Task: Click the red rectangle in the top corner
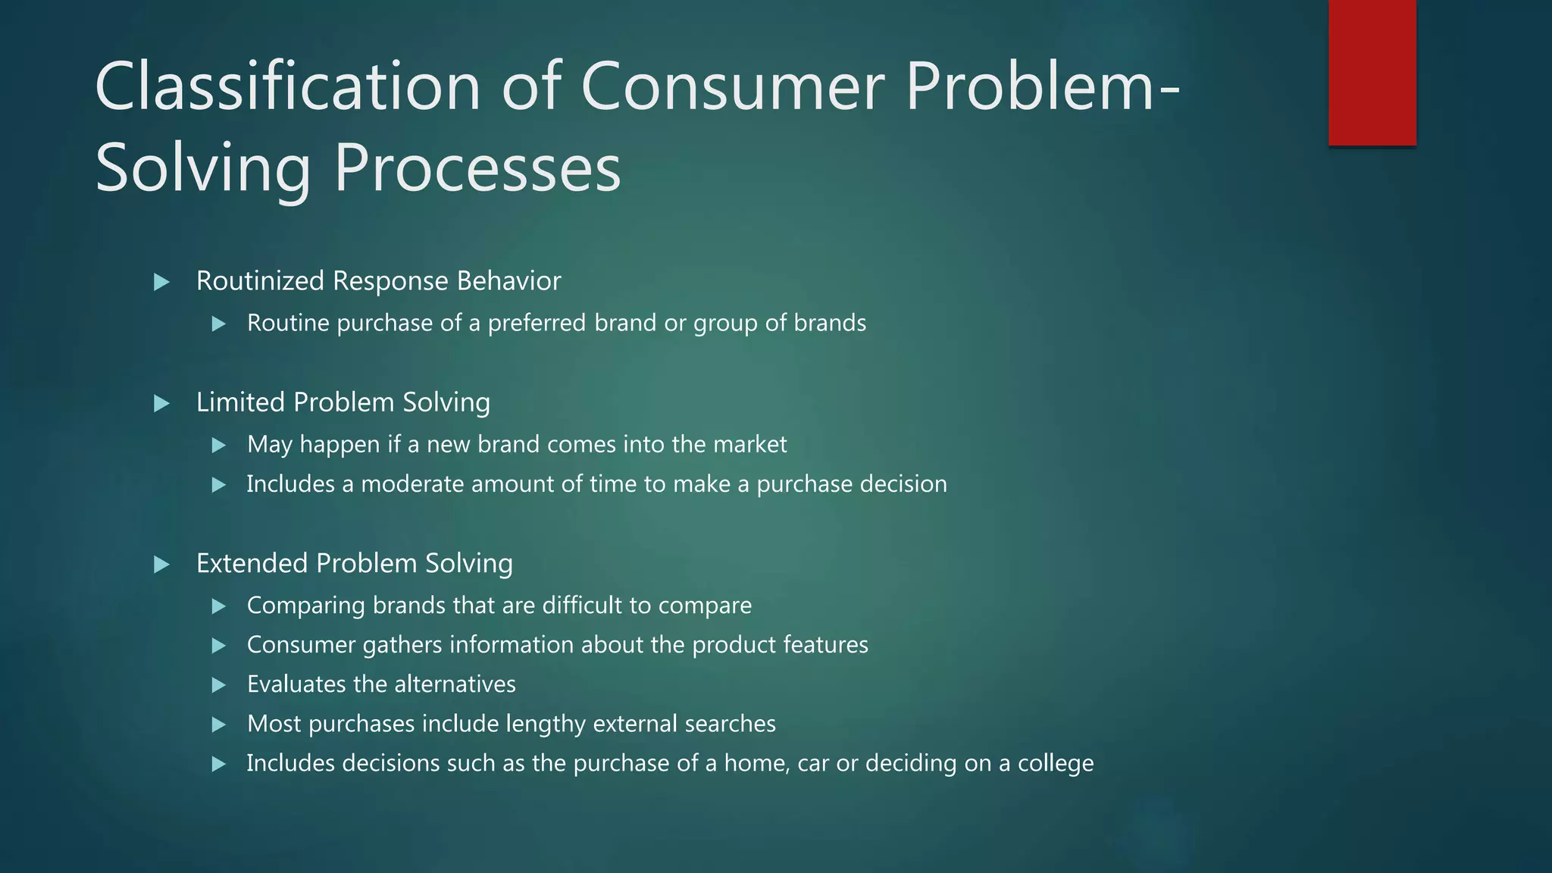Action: coord(1372,73)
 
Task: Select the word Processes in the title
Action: coord(477,168)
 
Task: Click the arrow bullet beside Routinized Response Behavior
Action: coord(161,283)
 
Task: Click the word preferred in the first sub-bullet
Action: coord(537,324)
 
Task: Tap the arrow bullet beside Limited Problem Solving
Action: coord(161,404)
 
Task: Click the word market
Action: coord(751,444)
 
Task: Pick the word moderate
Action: coord(411,484)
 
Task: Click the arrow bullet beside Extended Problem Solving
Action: coord(161,565)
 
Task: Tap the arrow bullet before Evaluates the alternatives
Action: coord(219,686)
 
